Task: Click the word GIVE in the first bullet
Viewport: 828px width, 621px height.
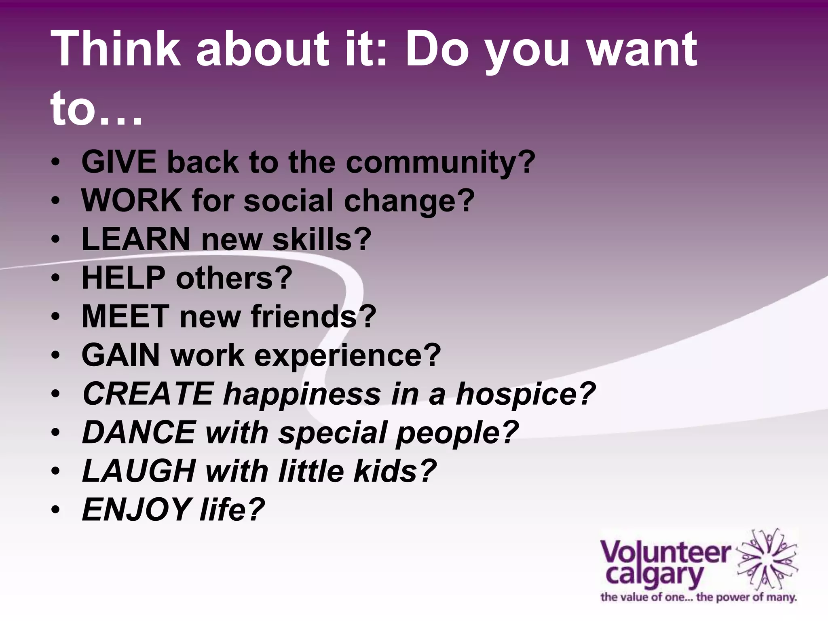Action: pyautogui.click(x=119, y=162)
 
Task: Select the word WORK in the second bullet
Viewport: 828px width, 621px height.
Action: pyautogui.click(x=131, y=201)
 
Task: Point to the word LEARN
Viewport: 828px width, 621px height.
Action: pyautogui.click(x=136, y=239)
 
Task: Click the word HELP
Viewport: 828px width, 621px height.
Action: pyautogui.click(x=123, y=278)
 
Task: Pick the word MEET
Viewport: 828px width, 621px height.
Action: pyautogui.click(x=125, y=316)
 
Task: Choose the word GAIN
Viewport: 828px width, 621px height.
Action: pyautogui.click(x=120, y=355)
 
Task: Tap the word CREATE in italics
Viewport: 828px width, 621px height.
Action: pyautogui.click(x=148, y=394)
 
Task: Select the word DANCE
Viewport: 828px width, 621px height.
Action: pyautogui.click(x=139, y=432)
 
